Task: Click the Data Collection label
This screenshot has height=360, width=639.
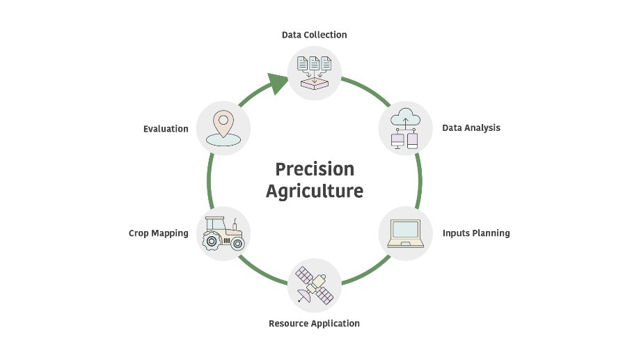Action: coord(314,35)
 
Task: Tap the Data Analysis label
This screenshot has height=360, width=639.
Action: coord(471,128)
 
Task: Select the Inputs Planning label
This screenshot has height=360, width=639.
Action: coord(476,233)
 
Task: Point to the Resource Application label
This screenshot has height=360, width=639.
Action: coord(314,324)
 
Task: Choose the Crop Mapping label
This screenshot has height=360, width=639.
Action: coord(159,233)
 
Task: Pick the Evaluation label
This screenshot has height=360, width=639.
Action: coord(166,129)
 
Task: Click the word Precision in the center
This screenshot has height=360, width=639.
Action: coord(315,169)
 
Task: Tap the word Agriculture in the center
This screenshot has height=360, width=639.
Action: coord(315,191)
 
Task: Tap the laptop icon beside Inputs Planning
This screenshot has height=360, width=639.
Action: coord(406,233)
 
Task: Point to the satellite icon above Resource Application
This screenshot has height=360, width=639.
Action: coord(314,285)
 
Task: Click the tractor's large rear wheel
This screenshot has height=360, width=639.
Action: coord(211,242)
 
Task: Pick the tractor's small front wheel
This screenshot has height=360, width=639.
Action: coord(237,244)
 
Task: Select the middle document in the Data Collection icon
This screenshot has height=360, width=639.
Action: coord(314,63)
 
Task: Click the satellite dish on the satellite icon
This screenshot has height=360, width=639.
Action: coord(303,295)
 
